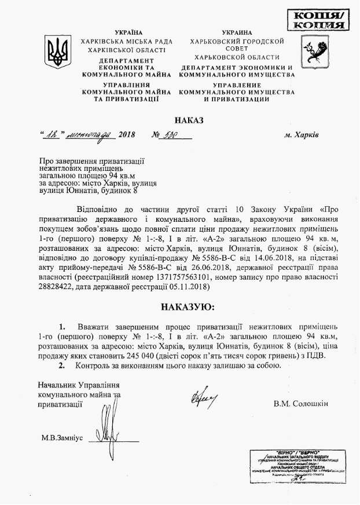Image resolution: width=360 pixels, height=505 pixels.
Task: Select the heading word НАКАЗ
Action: [189, 120]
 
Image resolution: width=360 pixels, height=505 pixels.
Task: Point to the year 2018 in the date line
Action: [126, 135]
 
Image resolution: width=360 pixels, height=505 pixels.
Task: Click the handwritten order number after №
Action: [168, 134]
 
